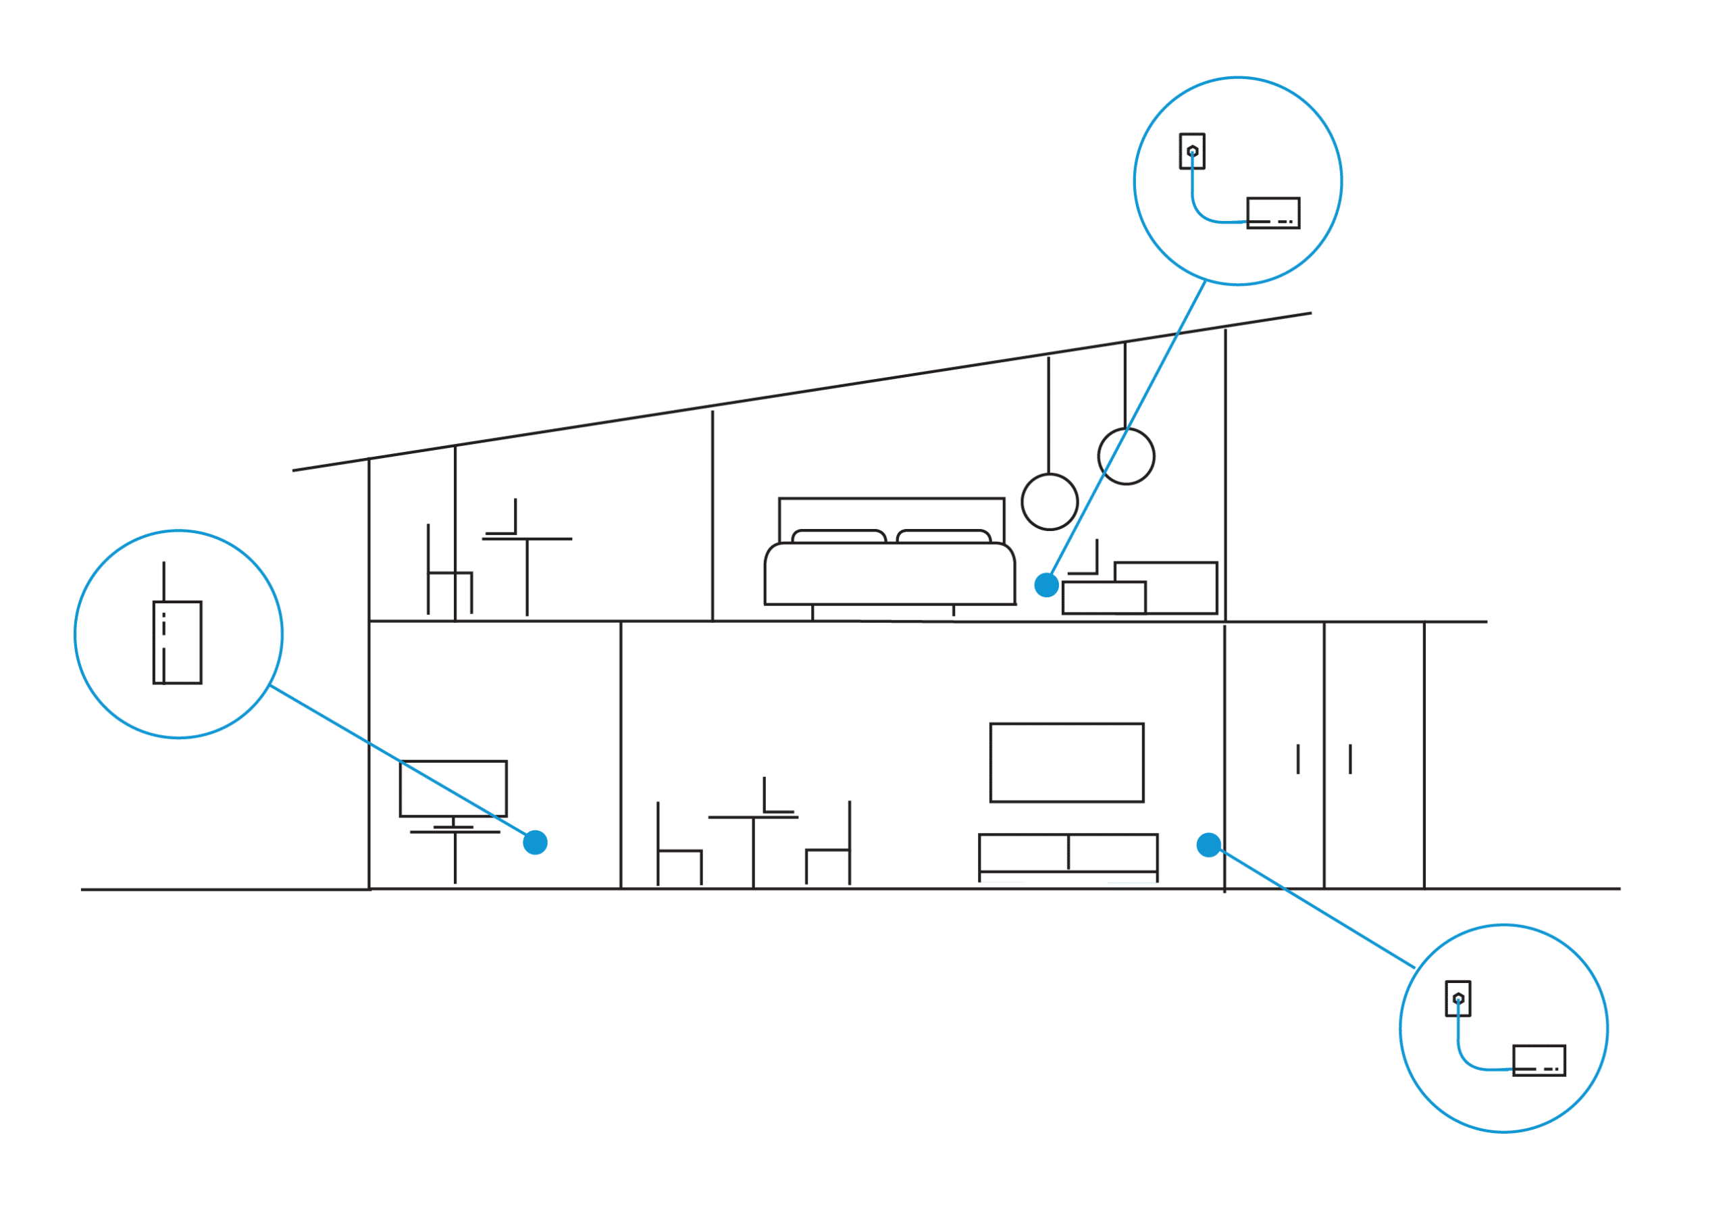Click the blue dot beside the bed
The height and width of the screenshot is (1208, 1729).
click(1046, 584)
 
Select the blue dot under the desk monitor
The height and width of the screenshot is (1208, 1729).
click(535, 842)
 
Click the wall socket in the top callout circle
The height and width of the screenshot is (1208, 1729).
click(1192, 151)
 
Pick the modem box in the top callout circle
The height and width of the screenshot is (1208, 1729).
click(1273, 213)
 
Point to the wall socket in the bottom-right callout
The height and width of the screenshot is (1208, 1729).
click(1458, 999)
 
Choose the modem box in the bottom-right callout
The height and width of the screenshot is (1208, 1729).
click(1539, 1061)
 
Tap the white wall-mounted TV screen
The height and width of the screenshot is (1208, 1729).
click(1066, 763)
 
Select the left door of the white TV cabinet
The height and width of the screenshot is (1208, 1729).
click(1023, 853)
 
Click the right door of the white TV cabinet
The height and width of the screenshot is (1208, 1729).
click(1113, 853)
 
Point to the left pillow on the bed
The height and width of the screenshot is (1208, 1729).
click(839, 536)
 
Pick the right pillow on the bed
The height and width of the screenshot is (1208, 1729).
click(943, 536)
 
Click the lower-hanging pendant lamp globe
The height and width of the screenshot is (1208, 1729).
click(1050, 501)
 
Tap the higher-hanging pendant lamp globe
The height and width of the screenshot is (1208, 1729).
click(1126, 457)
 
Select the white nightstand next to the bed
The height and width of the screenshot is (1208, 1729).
click(1103, 598)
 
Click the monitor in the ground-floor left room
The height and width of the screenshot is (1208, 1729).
click(453, 788)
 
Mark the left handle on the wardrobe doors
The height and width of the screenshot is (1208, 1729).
click(1297, 759)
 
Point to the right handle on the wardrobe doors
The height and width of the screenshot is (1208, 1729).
click(1350, 759)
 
